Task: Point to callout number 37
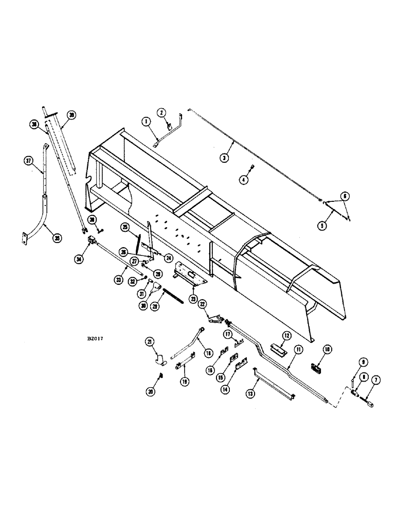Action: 29,160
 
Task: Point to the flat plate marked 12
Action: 279,350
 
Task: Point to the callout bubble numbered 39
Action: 71,115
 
